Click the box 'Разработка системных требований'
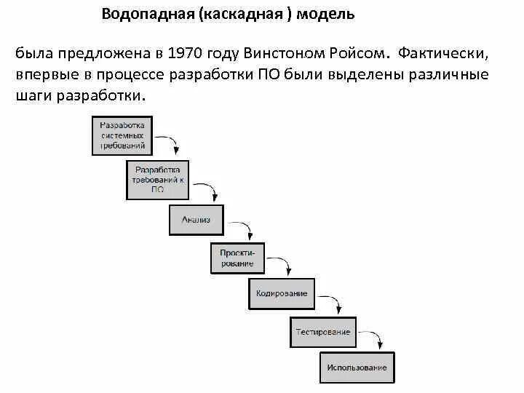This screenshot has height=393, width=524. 122,135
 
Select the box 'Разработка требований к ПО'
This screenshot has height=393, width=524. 158,180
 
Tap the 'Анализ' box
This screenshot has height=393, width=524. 196,220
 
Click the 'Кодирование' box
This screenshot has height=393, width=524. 282,293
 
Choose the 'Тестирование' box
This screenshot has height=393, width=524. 323,332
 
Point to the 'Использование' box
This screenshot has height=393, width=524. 357,368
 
